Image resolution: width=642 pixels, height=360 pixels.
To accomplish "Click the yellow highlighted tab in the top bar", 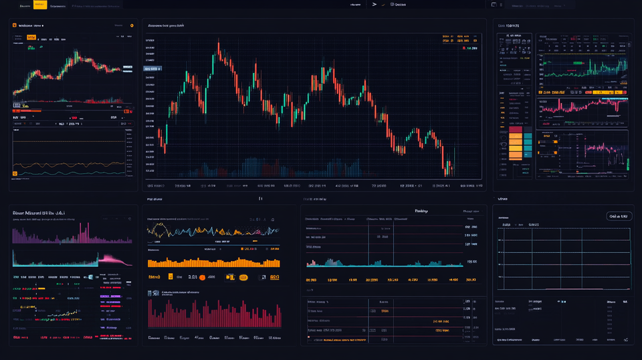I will tap(40, 5).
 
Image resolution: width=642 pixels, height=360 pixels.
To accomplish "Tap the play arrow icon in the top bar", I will tap(375, 4).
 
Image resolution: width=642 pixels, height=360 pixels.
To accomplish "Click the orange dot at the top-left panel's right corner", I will tap(132, 25).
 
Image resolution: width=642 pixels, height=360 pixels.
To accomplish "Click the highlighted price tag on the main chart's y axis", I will tap(153, 68).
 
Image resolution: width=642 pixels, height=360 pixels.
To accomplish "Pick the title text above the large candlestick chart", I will tap(166, 25).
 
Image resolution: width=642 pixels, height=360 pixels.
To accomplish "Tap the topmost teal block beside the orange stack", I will tap(527, 136).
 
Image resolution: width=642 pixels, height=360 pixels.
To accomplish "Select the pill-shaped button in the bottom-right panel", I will tap(619, 216).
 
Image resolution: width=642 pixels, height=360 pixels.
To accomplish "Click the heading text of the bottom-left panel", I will tap(39, 213).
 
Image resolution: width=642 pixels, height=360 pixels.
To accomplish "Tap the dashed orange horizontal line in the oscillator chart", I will tap(67, 141).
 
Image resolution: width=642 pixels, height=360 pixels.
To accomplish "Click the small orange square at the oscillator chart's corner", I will tap(14, 173).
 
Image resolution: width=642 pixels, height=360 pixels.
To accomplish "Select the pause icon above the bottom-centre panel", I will tap(260, 199).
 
